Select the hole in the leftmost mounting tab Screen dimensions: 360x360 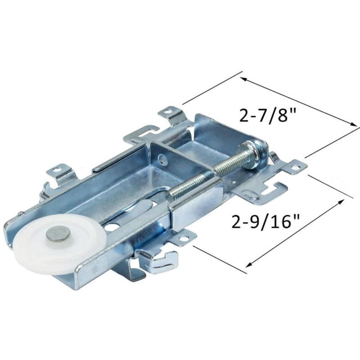(x=56, y=170)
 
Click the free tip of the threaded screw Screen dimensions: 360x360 (x=171, y=197)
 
